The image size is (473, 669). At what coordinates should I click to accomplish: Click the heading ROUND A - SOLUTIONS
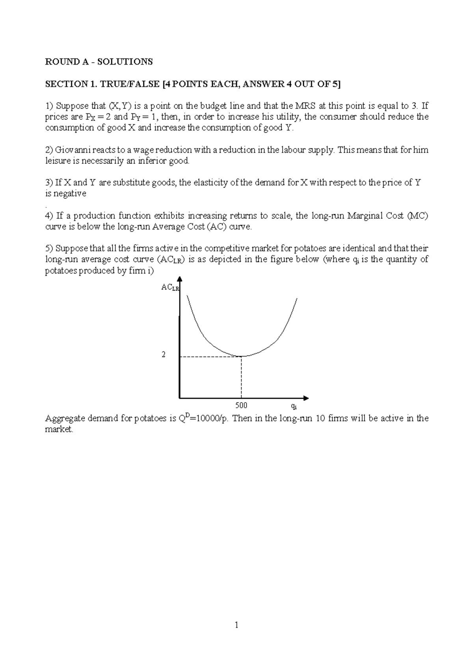coord(99,61)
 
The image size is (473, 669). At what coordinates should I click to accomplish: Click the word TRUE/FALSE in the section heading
coord(126,84)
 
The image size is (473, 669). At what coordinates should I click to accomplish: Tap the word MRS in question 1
coord(305,106)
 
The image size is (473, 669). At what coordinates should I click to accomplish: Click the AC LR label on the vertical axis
coord(169,288)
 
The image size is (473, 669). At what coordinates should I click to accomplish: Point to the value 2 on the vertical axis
coord(164,355)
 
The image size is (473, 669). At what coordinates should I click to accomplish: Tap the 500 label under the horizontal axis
coord(241,406)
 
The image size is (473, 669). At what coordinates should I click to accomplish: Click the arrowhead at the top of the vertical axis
coord(180,279)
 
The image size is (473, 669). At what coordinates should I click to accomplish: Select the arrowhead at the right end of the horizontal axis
coord(306,398)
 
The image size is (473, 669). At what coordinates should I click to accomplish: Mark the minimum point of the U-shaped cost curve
coord(241,357)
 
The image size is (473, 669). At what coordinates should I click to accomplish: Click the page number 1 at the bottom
coord(236,625)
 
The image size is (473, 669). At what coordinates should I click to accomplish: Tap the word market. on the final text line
coord(59,429)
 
